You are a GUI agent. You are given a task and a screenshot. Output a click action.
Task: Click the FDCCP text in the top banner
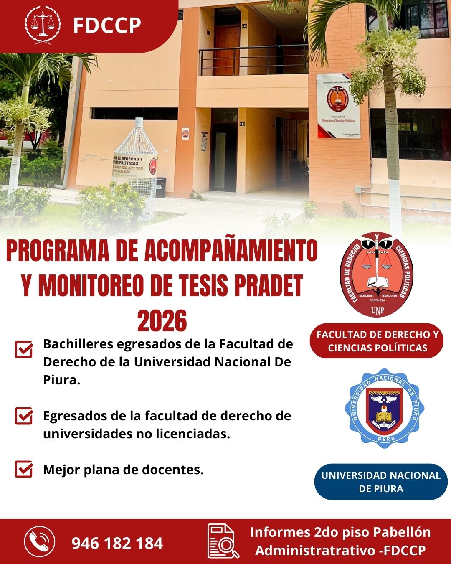coord(107,25)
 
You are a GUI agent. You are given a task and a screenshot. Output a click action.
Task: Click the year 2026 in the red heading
coord(162,321)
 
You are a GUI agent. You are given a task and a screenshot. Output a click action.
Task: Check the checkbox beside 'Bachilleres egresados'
coord(24,349)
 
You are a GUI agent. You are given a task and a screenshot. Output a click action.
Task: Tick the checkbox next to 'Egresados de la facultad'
coord(24,416)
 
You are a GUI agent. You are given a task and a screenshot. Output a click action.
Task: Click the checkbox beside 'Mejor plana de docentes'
coord(24,469)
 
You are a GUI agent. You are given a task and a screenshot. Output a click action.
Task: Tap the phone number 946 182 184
coord(117,544)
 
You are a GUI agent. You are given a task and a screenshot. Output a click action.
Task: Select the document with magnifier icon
coord(223,541)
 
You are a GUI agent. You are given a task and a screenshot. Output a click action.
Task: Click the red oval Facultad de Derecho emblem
coord(377,275)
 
